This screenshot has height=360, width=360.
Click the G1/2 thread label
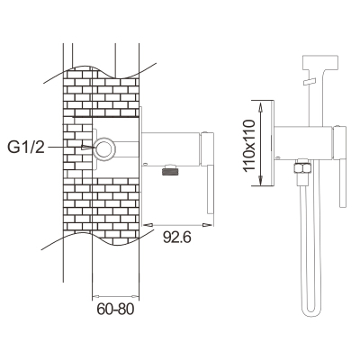coord(26,148)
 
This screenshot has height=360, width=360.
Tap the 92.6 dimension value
coord(177,238)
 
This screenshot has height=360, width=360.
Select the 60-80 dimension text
coord(115,310)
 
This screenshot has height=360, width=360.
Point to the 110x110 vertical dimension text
coord(249,146)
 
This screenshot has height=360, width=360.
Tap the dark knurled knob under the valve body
coord(170,172)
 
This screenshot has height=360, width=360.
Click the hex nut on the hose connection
coord(302,167)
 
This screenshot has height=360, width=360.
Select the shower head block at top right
coord(320,61)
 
